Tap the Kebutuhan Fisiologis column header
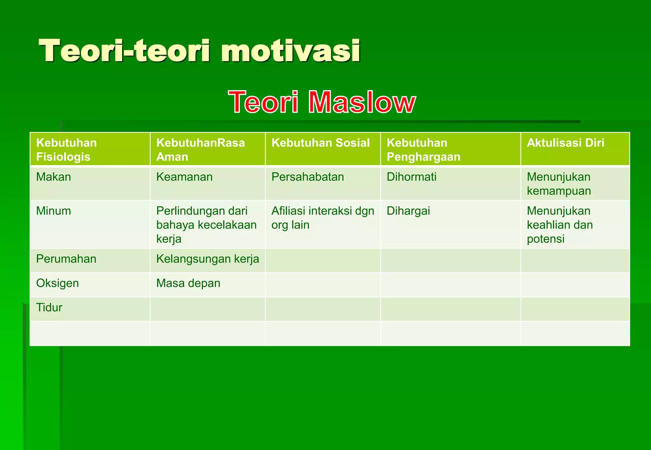pos(66,149)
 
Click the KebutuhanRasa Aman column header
pos(200,149)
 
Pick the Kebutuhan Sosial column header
pos(320,143)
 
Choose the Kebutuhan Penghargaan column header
pos(423,149)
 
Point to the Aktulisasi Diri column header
pos(565,143)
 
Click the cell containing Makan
pos(53,177)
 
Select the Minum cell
pos(53,211)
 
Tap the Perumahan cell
pos(66,259)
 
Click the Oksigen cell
pos(58,283)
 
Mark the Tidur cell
pos(49,308)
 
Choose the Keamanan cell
pos(184,177)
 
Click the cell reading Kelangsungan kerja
pos(208,259)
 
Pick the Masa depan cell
pos(188,283)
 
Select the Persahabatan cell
pos(307,177)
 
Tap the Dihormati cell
pos(411,177)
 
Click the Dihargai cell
pos(408,211)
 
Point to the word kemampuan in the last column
pos(558,191)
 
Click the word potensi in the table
pos(545,239)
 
